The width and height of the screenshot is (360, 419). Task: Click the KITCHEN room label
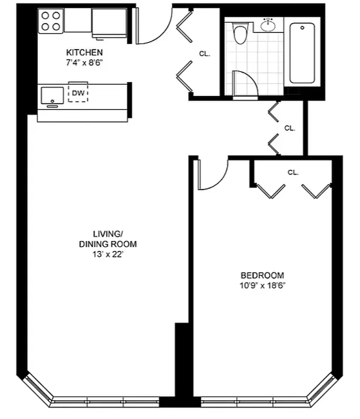coord(84,52)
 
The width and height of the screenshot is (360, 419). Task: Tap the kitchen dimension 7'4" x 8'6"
coord(84,62)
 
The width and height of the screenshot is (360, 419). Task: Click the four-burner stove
coord(51,21)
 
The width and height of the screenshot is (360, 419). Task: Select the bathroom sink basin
coord(269,24)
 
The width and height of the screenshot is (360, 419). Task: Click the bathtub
coord(303,52)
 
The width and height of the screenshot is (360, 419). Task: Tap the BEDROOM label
coord(262,275)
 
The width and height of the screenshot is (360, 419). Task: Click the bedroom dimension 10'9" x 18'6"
coord(262,285)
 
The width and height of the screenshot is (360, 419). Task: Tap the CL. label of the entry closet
coord(205,53)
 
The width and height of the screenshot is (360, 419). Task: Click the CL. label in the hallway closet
coord(290,128)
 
